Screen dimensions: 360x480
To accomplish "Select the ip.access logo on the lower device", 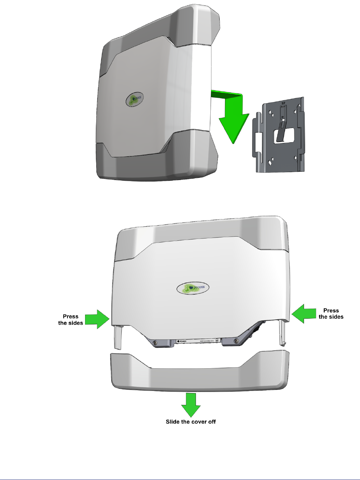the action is [193, 288].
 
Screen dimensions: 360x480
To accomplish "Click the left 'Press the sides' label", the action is [71, 320].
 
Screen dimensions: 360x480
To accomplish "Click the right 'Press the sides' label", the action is [331, 314].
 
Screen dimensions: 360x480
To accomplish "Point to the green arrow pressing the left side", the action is [97, 319].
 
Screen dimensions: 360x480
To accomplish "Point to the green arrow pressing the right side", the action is [303, 313].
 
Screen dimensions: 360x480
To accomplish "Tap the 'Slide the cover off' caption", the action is [191, 422].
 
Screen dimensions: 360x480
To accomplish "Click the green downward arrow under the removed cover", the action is [191, 404].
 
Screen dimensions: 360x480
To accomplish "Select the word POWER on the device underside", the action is [182, 341].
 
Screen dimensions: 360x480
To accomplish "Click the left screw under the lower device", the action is [155, 343].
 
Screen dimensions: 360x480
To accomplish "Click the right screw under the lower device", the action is [236, 341].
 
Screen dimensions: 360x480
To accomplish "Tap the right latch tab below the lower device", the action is [283, 332].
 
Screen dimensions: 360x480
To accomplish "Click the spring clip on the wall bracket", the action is [281, 129].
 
